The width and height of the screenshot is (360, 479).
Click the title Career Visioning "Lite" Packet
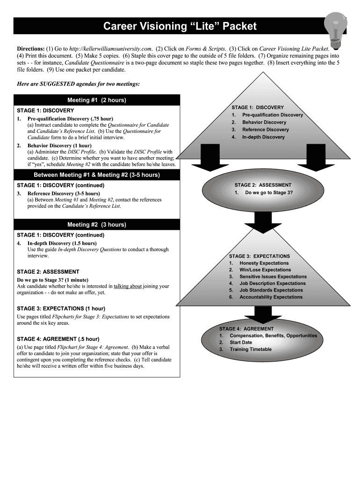click(180, 27)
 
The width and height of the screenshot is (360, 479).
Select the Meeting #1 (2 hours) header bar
click(97, 100)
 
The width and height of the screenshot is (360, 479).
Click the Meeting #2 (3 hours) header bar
click(97, 225)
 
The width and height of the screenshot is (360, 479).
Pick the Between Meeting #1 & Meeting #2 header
click(97, 175)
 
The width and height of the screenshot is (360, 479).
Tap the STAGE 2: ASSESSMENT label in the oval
click(263, 185)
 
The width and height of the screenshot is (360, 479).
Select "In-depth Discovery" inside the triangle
click(263, 137)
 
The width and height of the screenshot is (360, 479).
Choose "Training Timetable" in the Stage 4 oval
click(250, 349)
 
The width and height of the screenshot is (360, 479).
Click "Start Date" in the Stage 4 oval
click(241, 342)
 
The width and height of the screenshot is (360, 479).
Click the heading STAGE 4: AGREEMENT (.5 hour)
click(58, 339)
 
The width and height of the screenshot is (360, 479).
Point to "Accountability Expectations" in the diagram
click(271, 297)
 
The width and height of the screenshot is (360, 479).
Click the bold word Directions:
click(31, 49)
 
